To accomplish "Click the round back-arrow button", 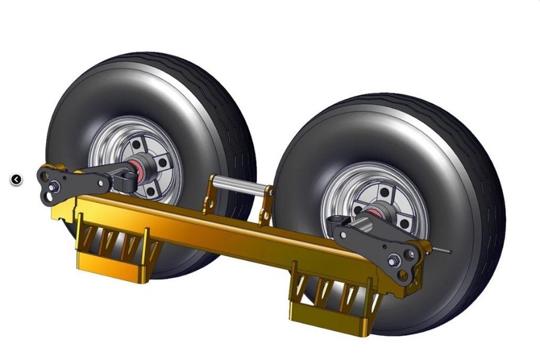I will pos(16,179).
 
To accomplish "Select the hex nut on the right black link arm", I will pos(394,260).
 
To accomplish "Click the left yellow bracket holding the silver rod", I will pos(209,195).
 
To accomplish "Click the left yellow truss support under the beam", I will pos(114,246).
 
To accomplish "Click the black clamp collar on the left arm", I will pos(127,179).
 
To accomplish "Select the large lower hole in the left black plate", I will pos(44,195).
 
